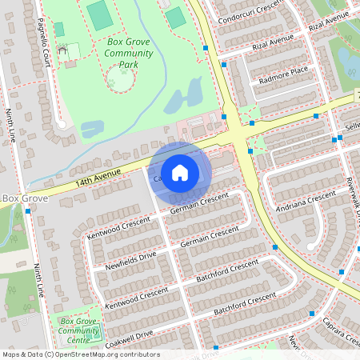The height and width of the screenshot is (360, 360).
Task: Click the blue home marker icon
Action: pos(180,173)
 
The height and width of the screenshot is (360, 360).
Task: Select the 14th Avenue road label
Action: pos(98,178)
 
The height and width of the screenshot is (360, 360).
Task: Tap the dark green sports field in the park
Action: pos(100,14)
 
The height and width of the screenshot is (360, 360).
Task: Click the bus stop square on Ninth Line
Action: pos(28,211)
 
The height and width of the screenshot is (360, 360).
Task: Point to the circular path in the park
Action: pos(120,78)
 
